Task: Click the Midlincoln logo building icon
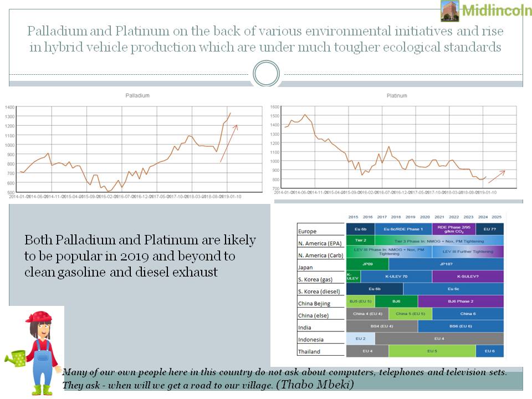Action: (449, 11)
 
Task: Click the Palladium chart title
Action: (137, 96)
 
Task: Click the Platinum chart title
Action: (397, 96)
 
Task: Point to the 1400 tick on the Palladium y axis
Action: (11, 107)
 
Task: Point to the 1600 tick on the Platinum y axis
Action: (274, 107)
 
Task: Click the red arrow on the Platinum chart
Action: (497, 176)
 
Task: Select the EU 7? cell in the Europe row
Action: (490, 228)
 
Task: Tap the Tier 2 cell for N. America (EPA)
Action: (360, 241)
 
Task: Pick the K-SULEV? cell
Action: (468, 276)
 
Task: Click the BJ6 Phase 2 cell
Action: (460, 301)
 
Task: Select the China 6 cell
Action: (468, 314)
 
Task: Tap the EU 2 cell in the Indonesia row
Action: (360, 338)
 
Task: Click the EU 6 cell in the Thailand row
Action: (490, 351)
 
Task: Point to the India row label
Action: (305, 328)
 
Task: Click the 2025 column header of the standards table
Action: (497, 217)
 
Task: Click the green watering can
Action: (17, 359)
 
